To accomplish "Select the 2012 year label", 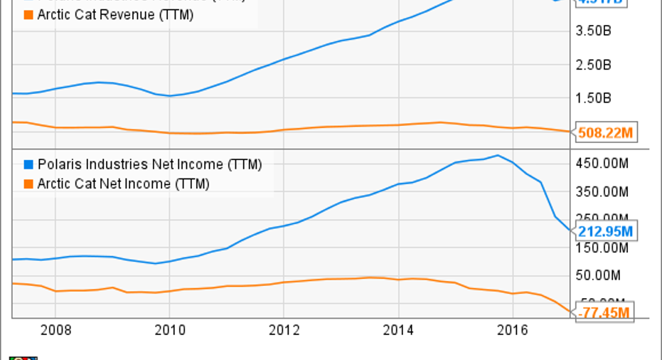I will [284, 330].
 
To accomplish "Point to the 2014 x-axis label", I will [398, 330].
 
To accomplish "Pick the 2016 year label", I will [512, 330].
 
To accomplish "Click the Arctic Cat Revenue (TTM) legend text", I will [115, 14].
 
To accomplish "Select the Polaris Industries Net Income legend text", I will [150, 165].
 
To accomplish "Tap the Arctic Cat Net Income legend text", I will [124, 184].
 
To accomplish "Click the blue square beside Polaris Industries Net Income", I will [29, 165].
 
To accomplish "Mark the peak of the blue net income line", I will [498, 155].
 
